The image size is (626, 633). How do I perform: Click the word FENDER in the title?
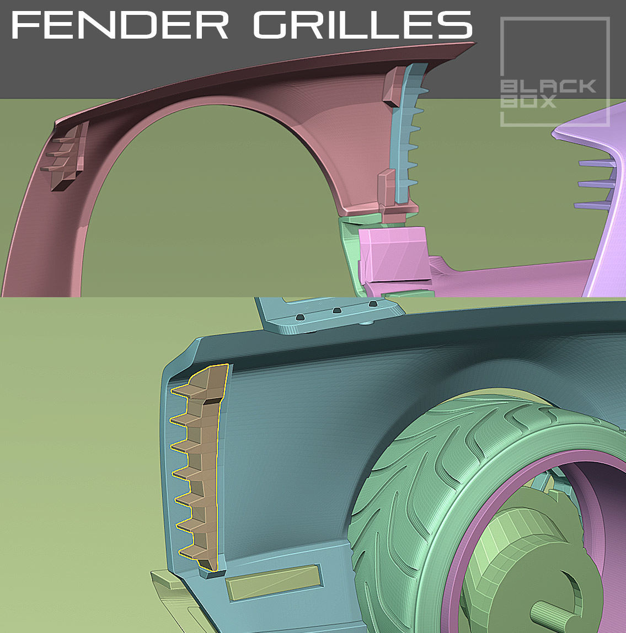[x=119, y=25]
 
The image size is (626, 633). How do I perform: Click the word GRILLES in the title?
[x=363, y=25]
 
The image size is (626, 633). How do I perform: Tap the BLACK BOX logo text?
[x=548, y=94]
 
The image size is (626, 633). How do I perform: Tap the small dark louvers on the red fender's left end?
[x=66, y=157]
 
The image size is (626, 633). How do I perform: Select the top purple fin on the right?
[x=596, y=163]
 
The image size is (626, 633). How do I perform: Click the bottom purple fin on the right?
[x=593, y=206]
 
